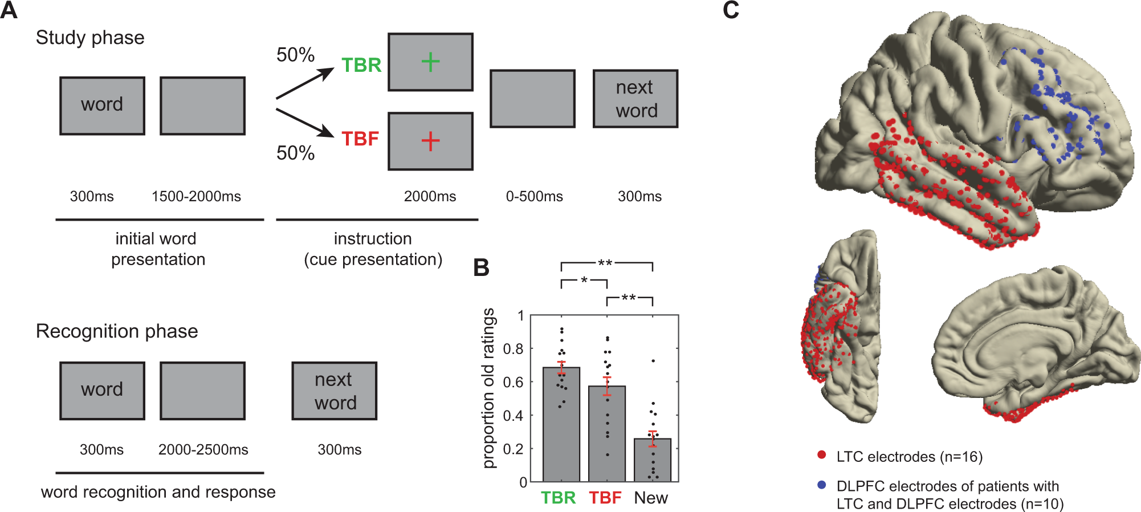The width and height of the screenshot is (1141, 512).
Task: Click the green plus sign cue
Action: [430, 62]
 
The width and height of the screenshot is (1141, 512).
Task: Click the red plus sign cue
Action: [430, 141]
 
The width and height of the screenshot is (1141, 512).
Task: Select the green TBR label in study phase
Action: [361, 65]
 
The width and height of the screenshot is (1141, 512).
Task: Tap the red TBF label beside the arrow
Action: [360, 139]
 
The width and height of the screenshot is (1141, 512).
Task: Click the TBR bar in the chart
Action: [561, 425]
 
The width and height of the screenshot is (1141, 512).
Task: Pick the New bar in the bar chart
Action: [652, 460]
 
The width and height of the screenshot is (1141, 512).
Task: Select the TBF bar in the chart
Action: [606, 433]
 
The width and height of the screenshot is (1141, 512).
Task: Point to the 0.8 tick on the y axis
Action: [513, 349]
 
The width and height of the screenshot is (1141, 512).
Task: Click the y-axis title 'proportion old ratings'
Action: [488, 388]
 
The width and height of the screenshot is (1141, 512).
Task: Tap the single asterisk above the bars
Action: [584, 281]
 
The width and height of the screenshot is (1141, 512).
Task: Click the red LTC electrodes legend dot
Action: [821, 455]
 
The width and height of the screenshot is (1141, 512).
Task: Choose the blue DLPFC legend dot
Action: [821, 485]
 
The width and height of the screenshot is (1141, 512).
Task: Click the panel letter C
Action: [731, 10]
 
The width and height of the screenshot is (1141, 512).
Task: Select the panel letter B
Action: [481, 267]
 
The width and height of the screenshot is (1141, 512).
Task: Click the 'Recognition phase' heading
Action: [117, 331]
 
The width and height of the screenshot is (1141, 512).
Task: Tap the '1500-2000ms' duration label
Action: [196, 197]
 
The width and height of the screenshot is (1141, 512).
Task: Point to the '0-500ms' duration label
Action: [534, 197]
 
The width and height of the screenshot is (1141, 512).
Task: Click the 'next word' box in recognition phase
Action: [335, 391]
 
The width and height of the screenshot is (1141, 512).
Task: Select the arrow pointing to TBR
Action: [305, 83]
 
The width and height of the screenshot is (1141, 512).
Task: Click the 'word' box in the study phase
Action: [102, 105]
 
